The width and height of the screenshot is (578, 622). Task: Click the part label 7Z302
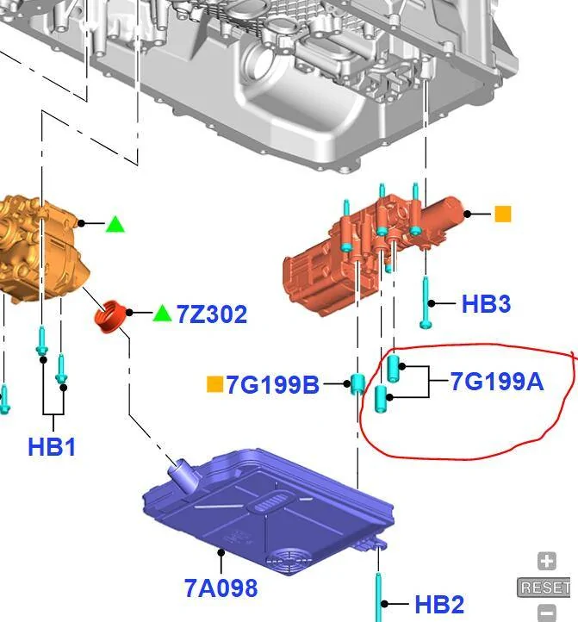pyautogui.click(x=212, y=314)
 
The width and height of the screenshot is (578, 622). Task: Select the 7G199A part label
pyautogui.click(x=497, y=381)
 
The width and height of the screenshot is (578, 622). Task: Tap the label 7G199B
pyautogui.click(x=272, y=384)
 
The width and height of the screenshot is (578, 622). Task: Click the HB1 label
pyautogui.click(x=52, y=446)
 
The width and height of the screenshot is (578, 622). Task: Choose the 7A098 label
pyautogui.click(x=221, y=588)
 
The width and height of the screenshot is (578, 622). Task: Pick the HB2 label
pyautogui.click(x=439, y=605)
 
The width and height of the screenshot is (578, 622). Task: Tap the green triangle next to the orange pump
pyautogui.click(x=115, y=224)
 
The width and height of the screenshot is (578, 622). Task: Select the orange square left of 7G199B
pyautogui.click(x=214, y=384)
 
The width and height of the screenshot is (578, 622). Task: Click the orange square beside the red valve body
pyautogui.click(x=502, y=214)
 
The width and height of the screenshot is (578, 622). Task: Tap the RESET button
pyautogui.click(x=544, y=588)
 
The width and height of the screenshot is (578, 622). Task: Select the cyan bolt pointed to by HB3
pyautogui.click(x=426, y=303)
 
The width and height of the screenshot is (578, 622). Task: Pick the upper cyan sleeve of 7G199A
pyautogui.click(x=393, y=368)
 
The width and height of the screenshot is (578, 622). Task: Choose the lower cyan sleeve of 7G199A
pyautogui.click(x=383, y=398)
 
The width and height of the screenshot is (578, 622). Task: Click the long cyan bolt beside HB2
pyautogui.click(x=377, y=594)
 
